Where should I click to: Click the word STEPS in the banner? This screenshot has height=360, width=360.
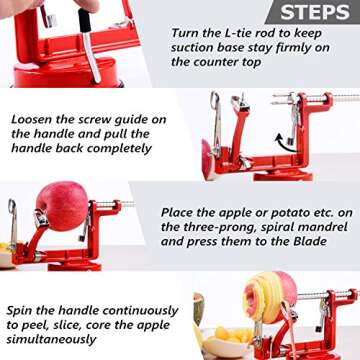click(x=314, y=12)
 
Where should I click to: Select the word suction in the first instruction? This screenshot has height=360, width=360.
click(x=194, y=47)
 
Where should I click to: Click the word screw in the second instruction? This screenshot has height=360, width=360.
click(x=101, y=118)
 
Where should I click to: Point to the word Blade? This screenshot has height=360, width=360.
click(x=327, y=242)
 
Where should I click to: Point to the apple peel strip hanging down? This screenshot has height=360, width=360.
click(x=199, y=315)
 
